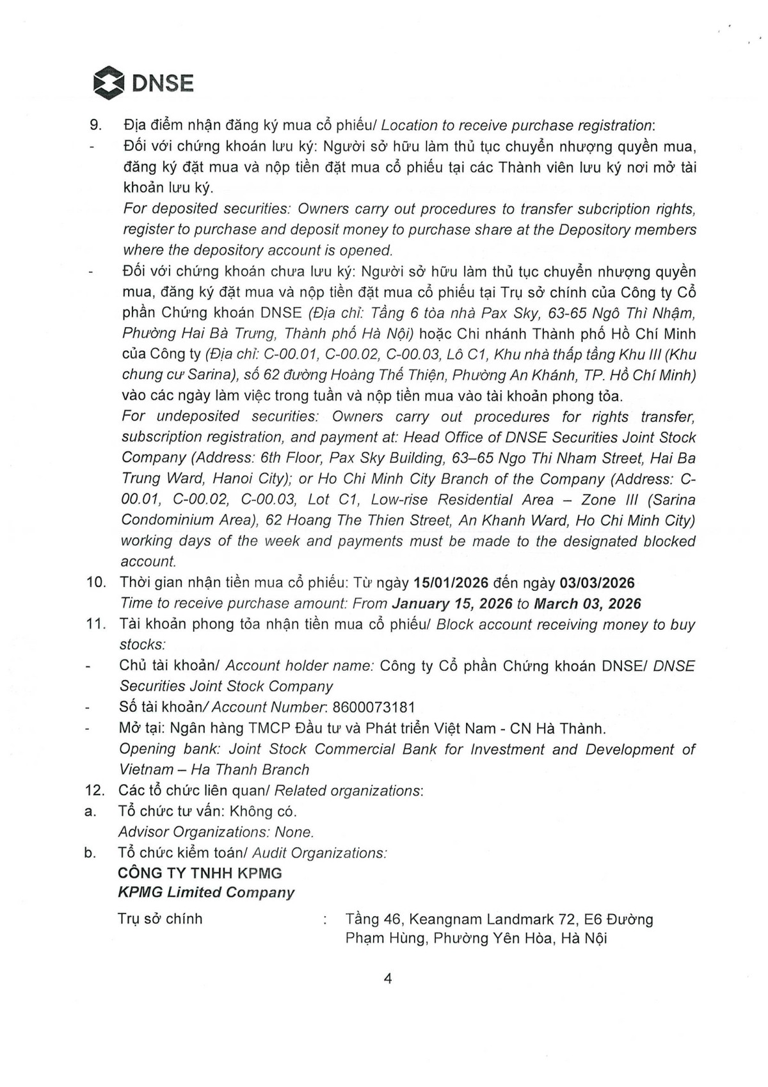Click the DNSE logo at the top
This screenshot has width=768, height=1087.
tap(143, 83)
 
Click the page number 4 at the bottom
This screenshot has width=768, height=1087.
tap(388, 978)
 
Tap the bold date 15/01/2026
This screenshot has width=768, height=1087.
tap(451, 583)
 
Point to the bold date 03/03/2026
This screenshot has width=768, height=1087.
tap(597, 583)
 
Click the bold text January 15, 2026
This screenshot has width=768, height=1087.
tap(452, 603)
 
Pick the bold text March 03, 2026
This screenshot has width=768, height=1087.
tap(588, 603)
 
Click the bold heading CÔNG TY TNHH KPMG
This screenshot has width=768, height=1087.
tap(200, 873)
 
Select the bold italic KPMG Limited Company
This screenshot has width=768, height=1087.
tap(206, 892)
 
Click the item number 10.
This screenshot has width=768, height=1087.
tap(96, 583)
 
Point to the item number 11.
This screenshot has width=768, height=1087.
tap(96, 624)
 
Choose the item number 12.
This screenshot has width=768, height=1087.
tap(96, 791)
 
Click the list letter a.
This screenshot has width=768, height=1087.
tap(90, 812)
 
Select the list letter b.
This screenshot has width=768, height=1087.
tap(90, 853)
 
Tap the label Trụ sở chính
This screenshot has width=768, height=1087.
tap(160, 919)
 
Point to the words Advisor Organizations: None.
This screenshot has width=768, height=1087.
tap(216, 832)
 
